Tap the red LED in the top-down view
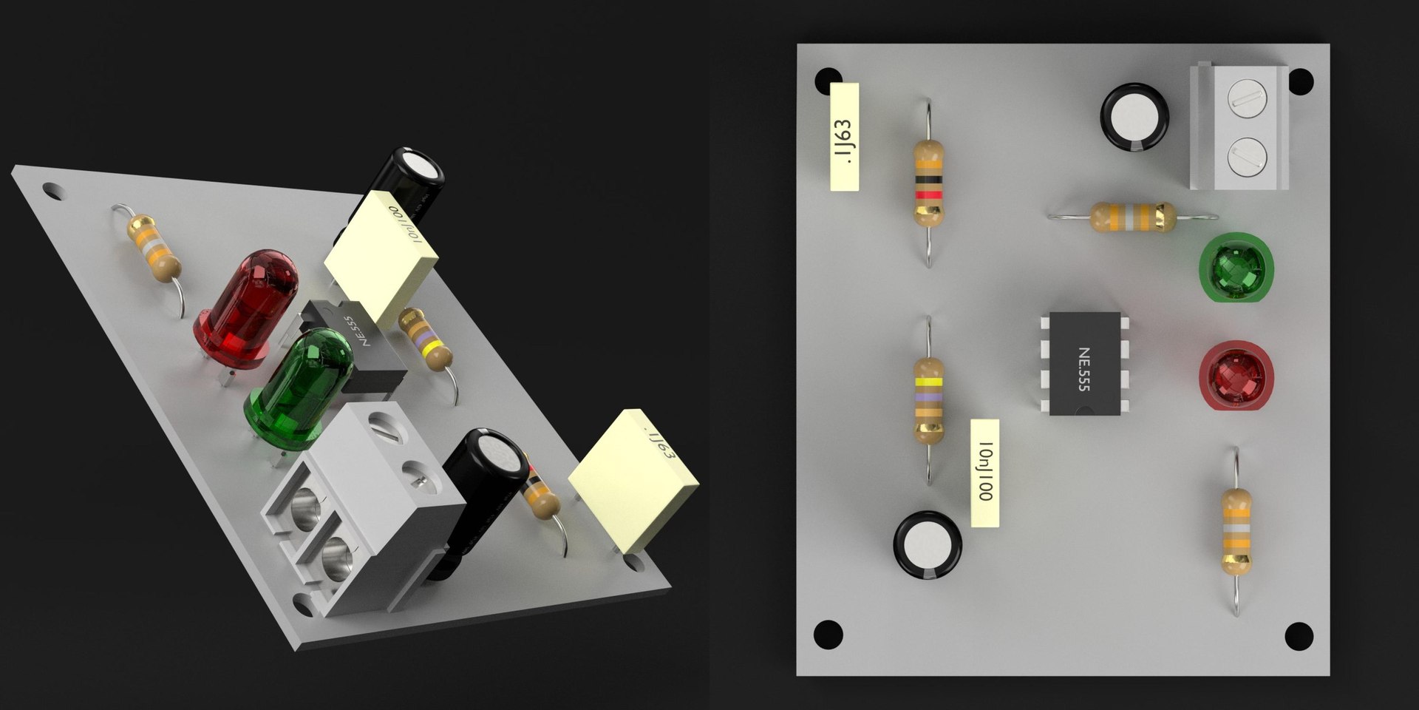tap(1236, 375)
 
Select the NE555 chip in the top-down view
tap(1085, 363)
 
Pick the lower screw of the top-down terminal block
tap(1247, 155)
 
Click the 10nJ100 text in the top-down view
tap(985, 473)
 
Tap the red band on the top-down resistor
tap(929, 195)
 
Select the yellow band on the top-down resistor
tap(929, 382)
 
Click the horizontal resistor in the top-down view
tap(1132, 217)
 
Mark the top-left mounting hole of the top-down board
tap(828, 80)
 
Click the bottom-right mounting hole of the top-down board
tap(1298, 635)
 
